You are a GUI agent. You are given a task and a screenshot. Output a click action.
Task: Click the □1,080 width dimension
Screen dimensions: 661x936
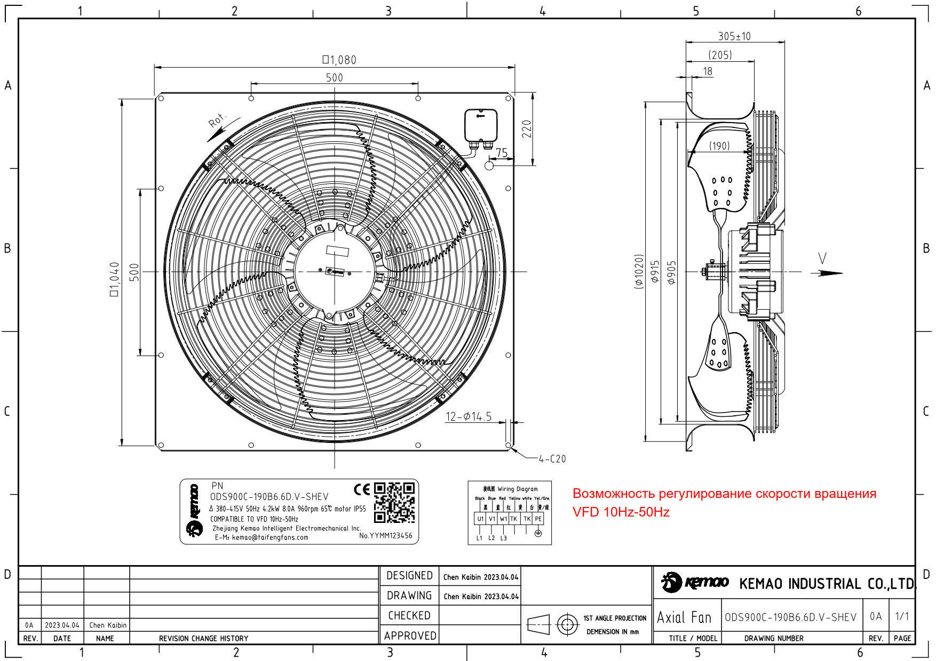click(x=339, y=60)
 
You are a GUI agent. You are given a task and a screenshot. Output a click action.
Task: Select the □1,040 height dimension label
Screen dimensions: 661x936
click(x=114, y=279)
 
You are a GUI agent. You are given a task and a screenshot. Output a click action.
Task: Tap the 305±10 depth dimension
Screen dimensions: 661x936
click(x=734, y=36)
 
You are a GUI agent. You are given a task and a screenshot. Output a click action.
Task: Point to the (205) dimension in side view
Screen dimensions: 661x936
click(x=720, y=55)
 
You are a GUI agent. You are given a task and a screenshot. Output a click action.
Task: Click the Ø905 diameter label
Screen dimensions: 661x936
click(x=671, y=272)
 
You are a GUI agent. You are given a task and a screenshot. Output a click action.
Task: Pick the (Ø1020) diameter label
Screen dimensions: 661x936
click(x=639, y=272)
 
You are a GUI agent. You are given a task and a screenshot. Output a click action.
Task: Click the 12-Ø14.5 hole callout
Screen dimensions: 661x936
click(x=469, y=416)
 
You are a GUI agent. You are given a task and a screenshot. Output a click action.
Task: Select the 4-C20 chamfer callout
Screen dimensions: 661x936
click(x=552, y=458)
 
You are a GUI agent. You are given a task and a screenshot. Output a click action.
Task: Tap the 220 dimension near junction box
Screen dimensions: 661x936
click(x=527, y=129)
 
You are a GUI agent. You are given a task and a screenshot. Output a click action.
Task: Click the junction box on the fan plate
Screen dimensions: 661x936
click(x=481, y=126)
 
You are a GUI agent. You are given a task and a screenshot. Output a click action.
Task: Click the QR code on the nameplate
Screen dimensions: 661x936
click(x=394, y=502)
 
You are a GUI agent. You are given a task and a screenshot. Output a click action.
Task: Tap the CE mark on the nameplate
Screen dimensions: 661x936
click(x=362, y=489)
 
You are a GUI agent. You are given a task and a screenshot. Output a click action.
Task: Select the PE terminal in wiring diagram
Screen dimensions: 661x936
click(x=538, y=519)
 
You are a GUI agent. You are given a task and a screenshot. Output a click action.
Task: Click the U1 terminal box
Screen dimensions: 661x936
click(x=480, y=519)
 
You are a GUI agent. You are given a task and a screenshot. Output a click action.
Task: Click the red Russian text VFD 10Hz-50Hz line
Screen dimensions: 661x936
click(x=621, y=512)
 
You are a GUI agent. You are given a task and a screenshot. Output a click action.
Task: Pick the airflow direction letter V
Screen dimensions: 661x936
click(x=822, y=259)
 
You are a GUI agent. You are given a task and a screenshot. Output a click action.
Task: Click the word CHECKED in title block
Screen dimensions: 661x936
click(x=409, y=615)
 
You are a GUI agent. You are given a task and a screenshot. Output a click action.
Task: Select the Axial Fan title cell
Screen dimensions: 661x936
click(x=684, y=617)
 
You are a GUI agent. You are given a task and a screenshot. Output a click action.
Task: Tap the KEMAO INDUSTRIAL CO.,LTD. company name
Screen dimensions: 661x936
click(x=827, y=584)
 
